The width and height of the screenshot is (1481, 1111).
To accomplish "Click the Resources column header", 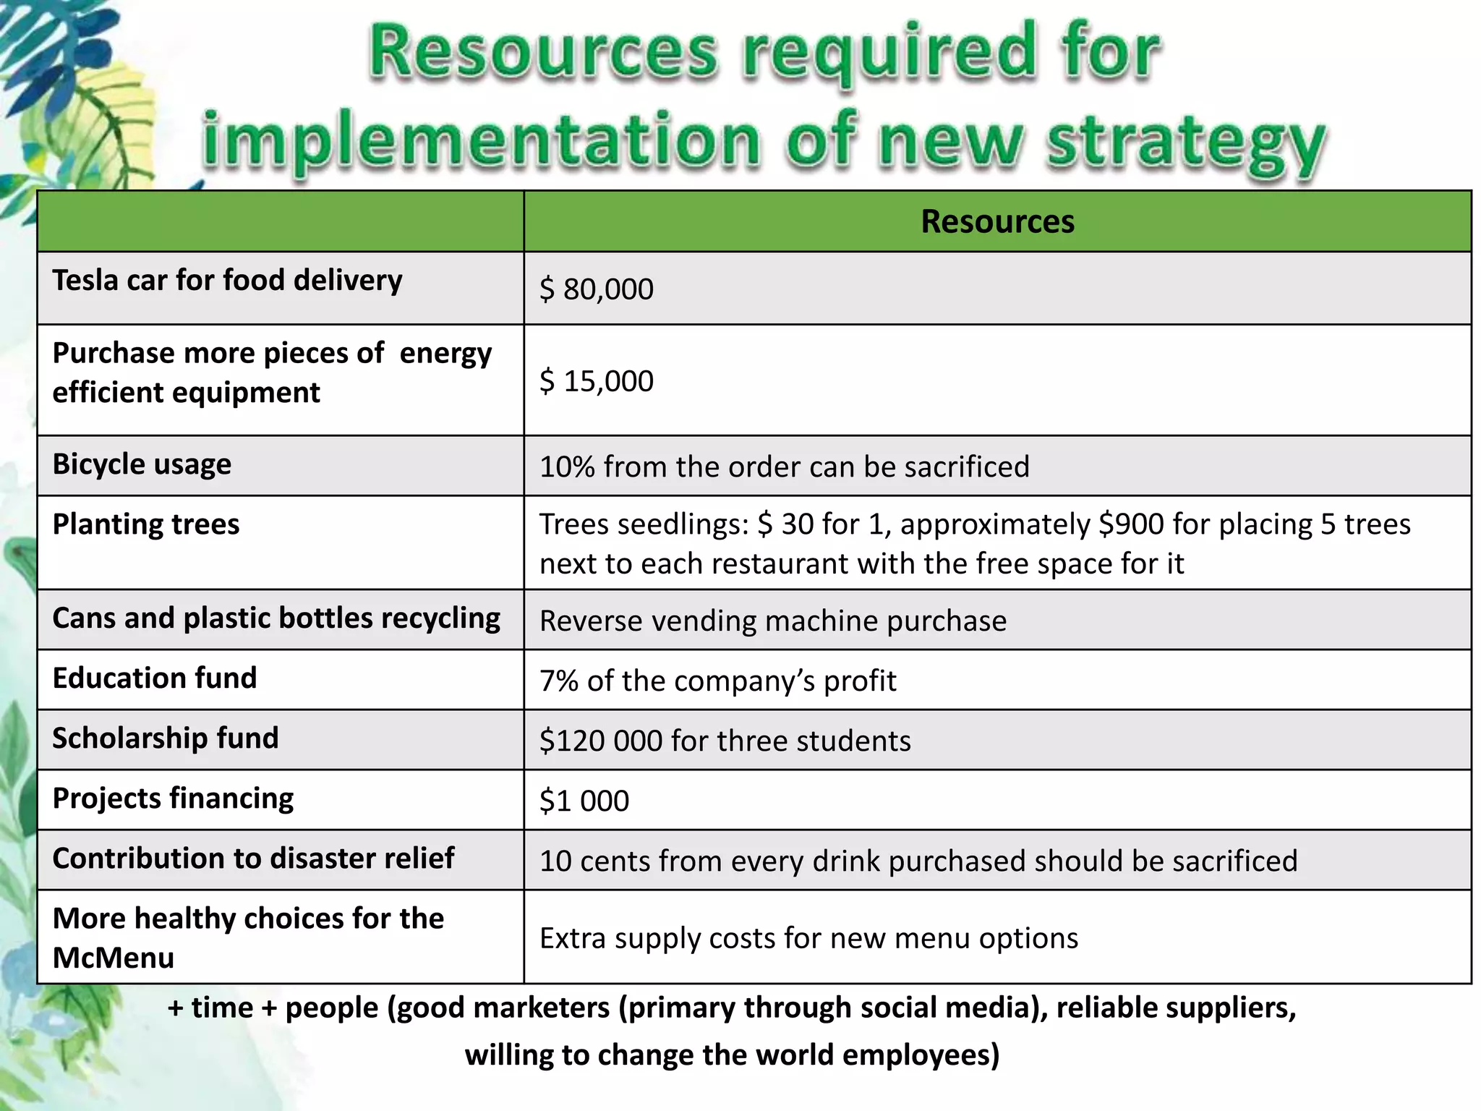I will tap(997, 221).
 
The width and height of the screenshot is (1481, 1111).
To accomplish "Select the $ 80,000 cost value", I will tap(597, 289).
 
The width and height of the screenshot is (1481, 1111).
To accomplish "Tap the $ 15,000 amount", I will tap(597, 381).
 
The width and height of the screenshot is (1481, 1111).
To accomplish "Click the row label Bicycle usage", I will tap(142, 464).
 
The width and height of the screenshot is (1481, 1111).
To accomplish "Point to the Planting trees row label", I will tap(146, 524).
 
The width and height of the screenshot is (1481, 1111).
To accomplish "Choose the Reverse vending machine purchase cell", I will tap(772, 621).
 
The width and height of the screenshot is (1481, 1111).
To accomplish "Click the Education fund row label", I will tap(155, 678).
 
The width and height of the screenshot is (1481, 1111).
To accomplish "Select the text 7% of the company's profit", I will tap(717, 681).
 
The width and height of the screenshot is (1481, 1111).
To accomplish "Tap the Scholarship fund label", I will tap(166, 738).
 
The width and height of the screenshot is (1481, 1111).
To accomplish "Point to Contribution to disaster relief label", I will tap(253, 859).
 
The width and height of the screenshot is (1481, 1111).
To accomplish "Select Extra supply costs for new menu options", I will tap(808, 938).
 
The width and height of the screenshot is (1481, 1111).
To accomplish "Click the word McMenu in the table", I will tap(114, 958).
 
